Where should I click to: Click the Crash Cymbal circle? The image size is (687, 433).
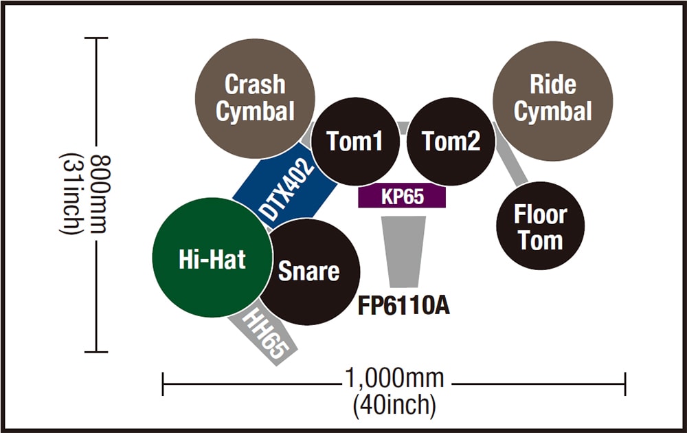coord(255,97)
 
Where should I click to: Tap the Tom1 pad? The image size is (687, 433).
coord(354,142)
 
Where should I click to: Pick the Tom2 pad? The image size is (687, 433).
coord(451,142)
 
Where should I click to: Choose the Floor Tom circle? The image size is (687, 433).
coord(540,227)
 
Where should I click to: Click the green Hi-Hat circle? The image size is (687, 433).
coord(212,258)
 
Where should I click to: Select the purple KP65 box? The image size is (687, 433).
coord(403,197)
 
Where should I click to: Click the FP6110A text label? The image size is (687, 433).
coord(404,304)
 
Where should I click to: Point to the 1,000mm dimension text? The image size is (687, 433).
coord(394,379)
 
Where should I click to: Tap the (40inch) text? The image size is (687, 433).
coord(394,405)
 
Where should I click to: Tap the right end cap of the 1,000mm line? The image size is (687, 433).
coord(624,384)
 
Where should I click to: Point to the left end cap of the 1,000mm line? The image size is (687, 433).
coord(163,384)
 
